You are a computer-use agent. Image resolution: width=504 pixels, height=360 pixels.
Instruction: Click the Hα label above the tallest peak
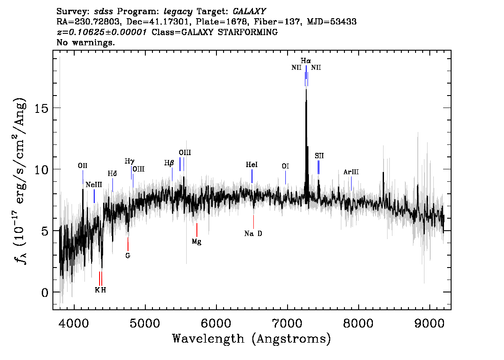(306, 60)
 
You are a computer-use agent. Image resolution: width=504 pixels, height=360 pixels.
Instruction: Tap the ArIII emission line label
(351, 172)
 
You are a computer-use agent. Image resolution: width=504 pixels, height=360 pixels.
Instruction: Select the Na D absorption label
(253, 234)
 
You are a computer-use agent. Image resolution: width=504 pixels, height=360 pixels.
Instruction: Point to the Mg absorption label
(196, 241)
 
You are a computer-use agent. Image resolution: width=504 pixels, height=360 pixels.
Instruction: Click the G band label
(128, 256)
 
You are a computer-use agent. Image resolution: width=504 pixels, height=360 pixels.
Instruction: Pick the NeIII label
(94, 184)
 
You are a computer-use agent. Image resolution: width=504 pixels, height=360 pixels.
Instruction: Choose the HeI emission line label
(252, 165)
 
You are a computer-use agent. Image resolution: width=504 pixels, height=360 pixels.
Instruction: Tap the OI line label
(285, 166)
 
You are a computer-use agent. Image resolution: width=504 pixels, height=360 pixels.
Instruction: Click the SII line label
(319, 156)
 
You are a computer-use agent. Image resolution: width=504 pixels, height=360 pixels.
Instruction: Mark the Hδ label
(112, 173)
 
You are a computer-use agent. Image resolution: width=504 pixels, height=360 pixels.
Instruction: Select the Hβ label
(169, 163)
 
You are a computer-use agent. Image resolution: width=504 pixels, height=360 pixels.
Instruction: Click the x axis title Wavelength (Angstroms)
(252, 339)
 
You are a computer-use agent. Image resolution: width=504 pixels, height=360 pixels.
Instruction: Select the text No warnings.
(86, 43)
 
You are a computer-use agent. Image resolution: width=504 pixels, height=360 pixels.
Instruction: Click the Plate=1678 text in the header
(225, 21)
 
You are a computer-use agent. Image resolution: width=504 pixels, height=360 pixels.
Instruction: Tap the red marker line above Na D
(253, 221)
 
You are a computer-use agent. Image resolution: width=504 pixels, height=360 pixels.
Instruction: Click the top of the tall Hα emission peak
(306, 90)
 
